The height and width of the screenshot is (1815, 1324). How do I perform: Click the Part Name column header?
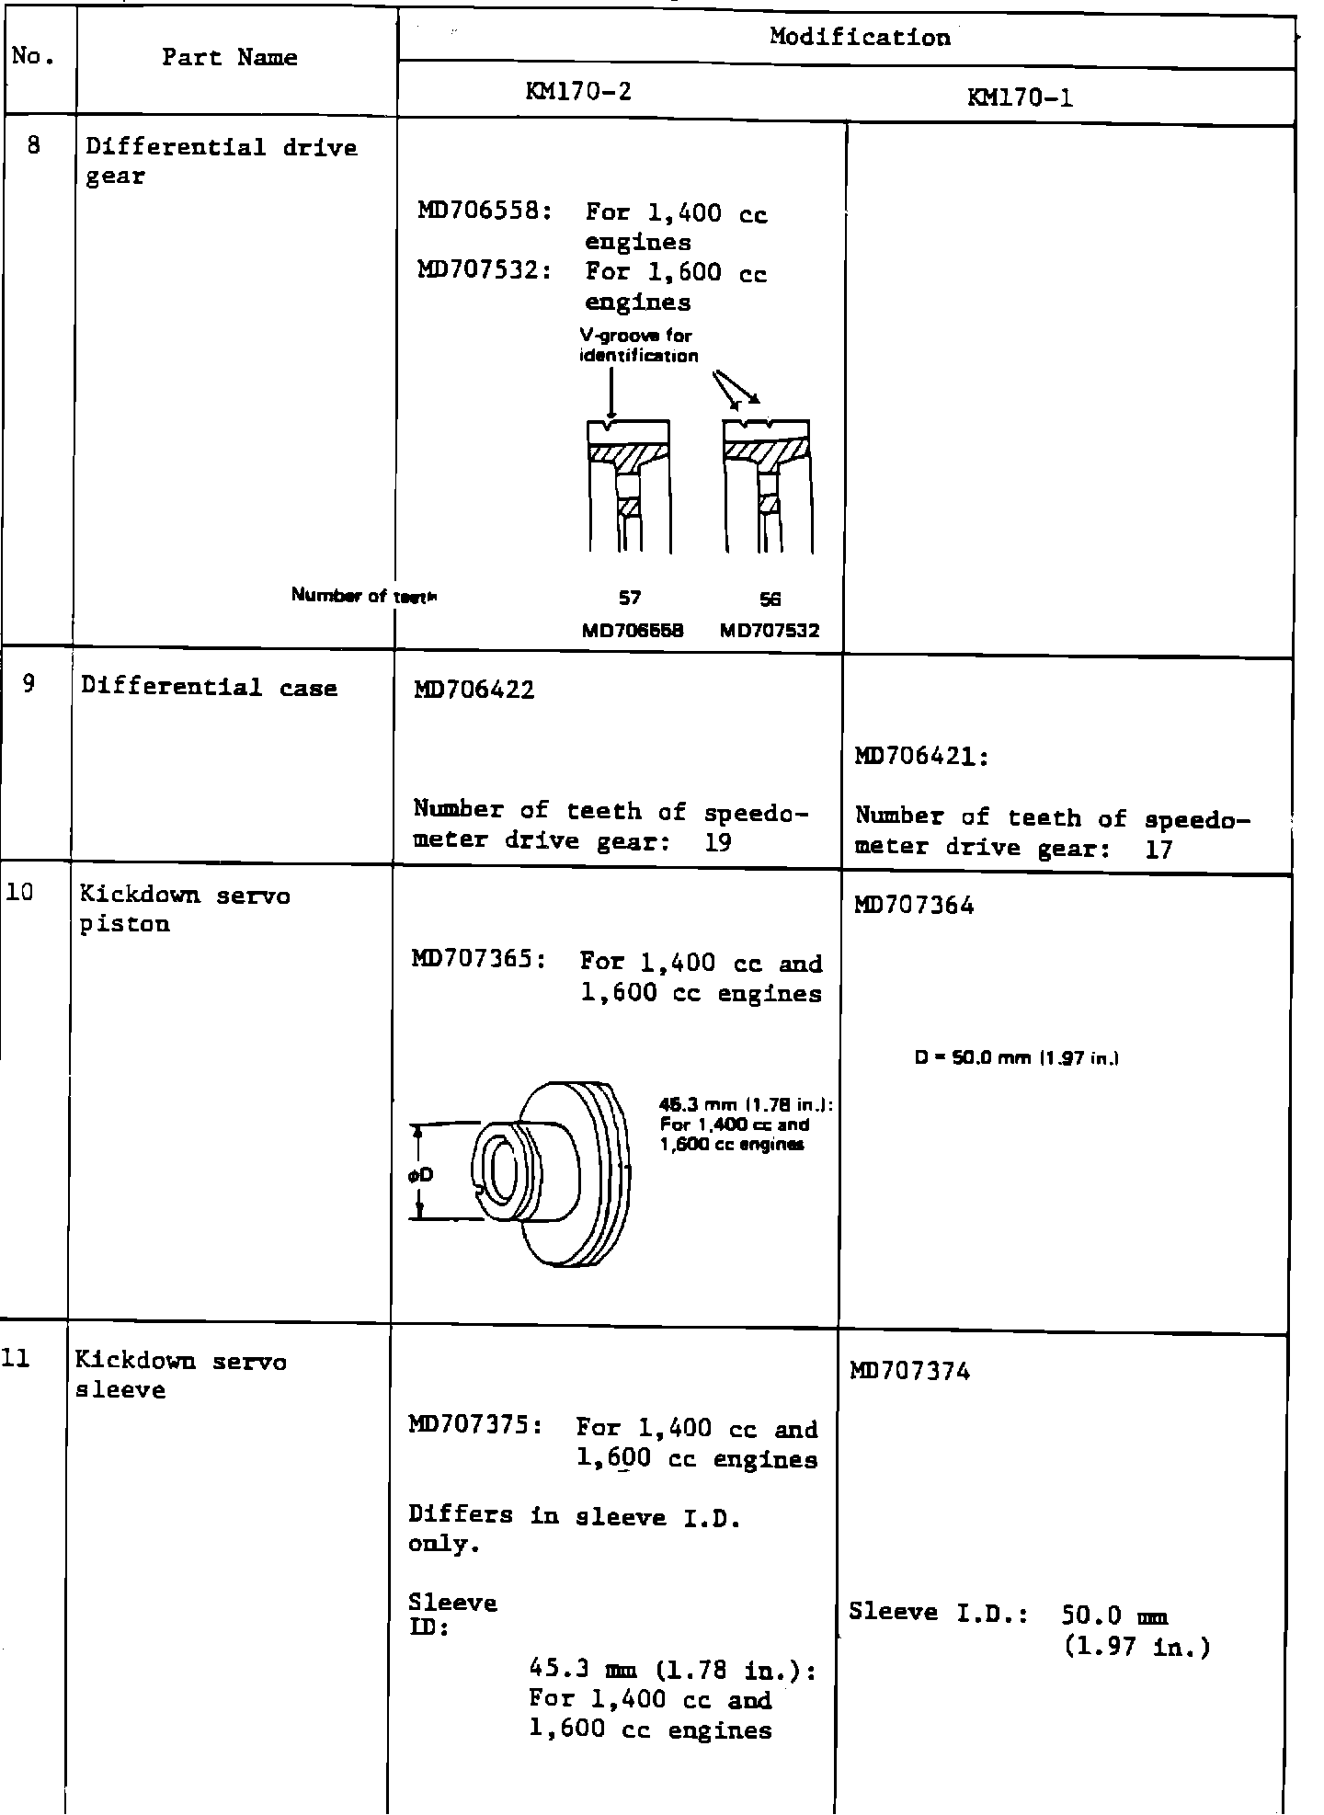click(x=230, y=58)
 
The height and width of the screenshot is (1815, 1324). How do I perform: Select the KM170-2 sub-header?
click(x=579, y=92)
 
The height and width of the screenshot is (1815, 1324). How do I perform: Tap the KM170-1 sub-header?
click(x=1021, y=97)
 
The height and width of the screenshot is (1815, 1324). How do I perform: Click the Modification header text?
click(x=860, y=38)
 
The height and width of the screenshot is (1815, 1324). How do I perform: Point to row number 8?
click(x=34, y=146)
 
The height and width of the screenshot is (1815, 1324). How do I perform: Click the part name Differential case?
click(x=209, y=688)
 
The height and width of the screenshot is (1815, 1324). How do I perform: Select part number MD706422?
click(x=474, y=690)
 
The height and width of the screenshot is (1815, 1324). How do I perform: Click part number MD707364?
click(x=914, y=906)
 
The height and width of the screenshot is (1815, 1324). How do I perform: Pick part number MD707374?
click(x=909, y=1372)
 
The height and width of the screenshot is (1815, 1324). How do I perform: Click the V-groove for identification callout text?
click(x=638, y=346)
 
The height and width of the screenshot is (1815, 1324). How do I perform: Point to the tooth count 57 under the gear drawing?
click(x=629, y=599)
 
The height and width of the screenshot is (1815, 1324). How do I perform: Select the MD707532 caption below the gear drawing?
click(x=770, y=631)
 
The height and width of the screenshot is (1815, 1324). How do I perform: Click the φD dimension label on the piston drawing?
click(x=422, y=1174)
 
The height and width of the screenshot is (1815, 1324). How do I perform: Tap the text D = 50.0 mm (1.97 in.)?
click(x=1016, y=1059)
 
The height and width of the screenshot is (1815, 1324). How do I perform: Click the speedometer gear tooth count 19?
click(x=717, y=842)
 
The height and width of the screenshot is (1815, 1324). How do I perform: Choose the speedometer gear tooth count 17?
click(x=1158, y=849)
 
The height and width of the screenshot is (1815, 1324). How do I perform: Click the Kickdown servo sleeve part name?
click(x=180, y=1376)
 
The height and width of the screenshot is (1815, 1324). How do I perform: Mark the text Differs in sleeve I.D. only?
click(x=575, y=1530)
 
